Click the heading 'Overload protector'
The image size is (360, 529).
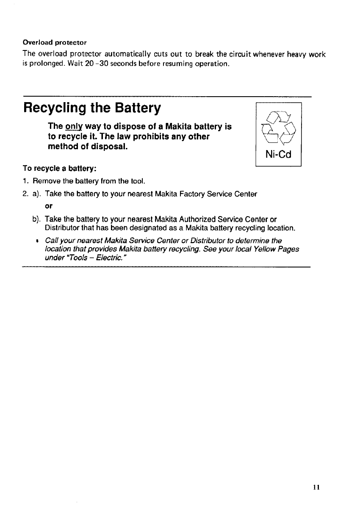point(55,42)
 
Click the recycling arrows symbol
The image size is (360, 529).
point(278,127)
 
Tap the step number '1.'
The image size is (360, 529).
point(26,182)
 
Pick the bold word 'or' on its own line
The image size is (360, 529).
point(48,206)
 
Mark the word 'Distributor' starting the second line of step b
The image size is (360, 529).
point(60,228)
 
